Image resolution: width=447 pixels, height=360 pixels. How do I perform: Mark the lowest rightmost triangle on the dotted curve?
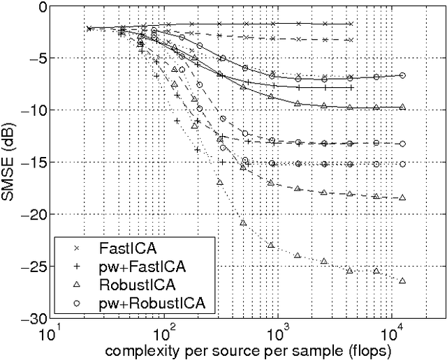402,280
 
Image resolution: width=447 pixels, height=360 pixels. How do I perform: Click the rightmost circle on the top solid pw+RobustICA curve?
402,75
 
